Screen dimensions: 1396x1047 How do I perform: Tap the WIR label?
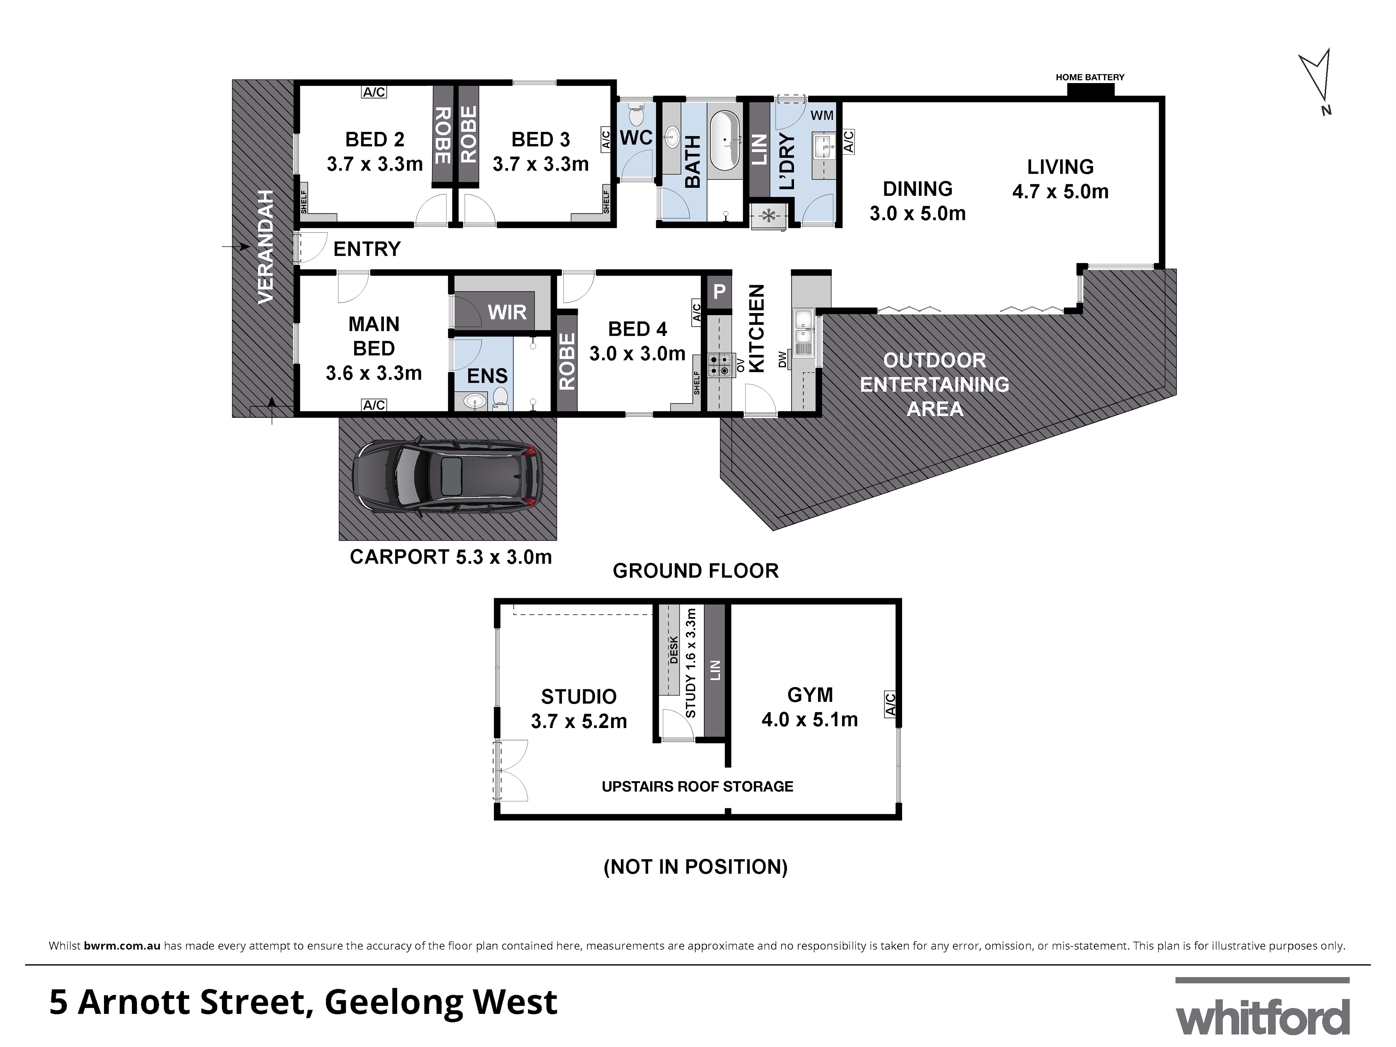(x=507, y=312)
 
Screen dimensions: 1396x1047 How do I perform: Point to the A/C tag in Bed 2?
(x=374, y=92)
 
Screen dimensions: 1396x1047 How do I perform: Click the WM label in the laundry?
(x=821, y=116)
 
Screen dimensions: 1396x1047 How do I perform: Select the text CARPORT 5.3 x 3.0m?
(x=451, y=557)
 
